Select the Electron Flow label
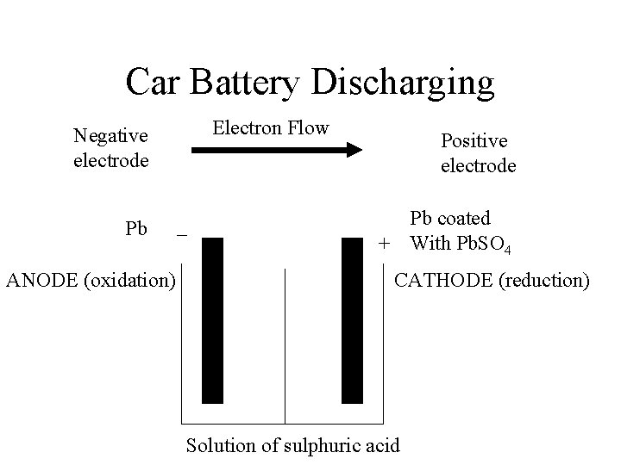[271, 128]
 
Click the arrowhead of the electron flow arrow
[354, 151]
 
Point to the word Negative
[110, 135]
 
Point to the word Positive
[474, 139]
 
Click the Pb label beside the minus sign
[136, 229]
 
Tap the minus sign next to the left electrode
[181, 233]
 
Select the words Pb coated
[449, 219]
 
